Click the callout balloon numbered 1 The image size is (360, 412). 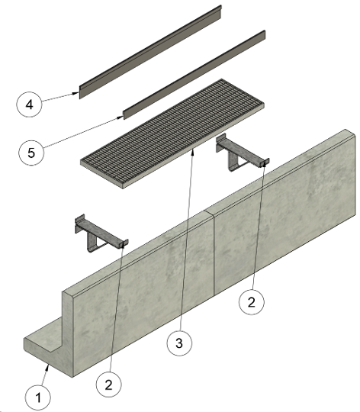(x=38, y=398)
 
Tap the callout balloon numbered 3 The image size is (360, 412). (x=179, y=343)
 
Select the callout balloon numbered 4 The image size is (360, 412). (x=29, y=105)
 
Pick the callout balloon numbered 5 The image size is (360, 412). (x=31, y=153)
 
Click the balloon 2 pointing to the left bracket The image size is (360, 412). (x=108, y=385)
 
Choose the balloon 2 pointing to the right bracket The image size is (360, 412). (x=251, y=302)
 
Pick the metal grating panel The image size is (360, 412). (x=172, y=134)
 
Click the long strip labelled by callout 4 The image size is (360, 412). (x=150, y=52)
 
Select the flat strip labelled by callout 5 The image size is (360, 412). (x=194, y=75)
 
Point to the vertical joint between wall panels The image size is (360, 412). (x=214, y=253)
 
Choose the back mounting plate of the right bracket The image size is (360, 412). (x=221, y=143)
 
